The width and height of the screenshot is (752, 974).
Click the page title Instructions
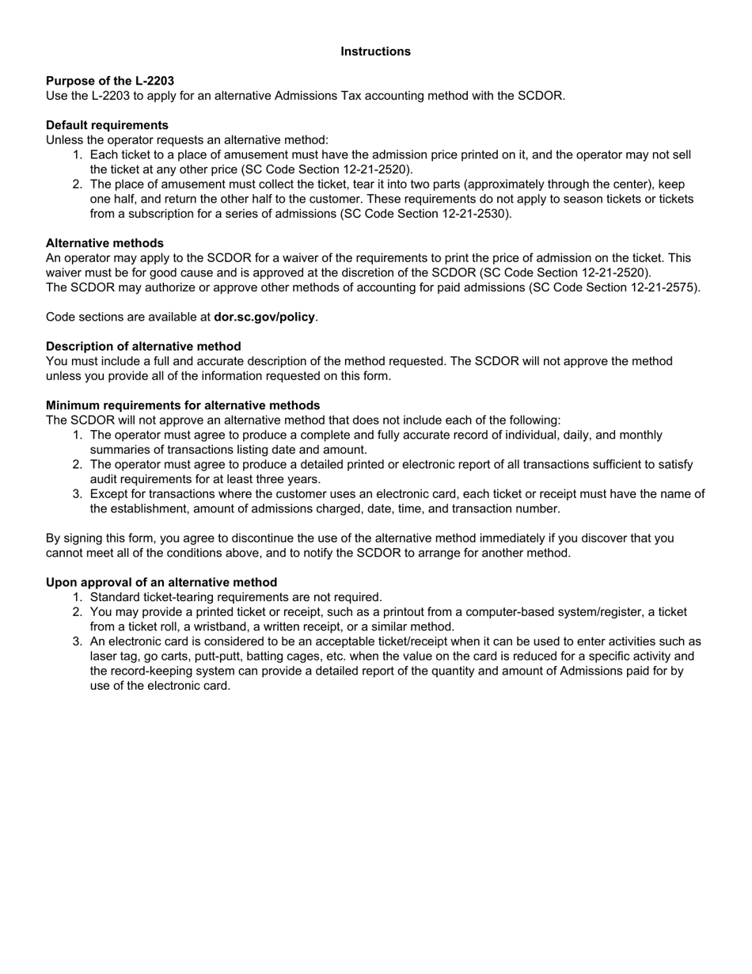click(375, 51)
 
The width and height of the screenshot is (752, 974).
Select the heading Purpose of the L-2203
click(110, 81)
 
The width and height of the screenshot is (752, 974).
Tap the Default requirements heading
click(107, 125)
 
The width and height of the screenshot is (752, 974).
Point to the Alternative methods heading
click(104, 243)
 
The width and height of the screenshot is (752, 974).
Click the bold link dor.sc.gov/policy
click(264, 317)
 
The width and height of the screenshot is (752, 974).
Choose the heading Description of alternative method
click(143, 346)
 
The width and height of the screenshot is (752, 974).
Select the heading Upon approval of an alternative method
click(161, 582)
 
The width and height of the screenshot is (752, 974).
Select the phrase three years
click(287, 479)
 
